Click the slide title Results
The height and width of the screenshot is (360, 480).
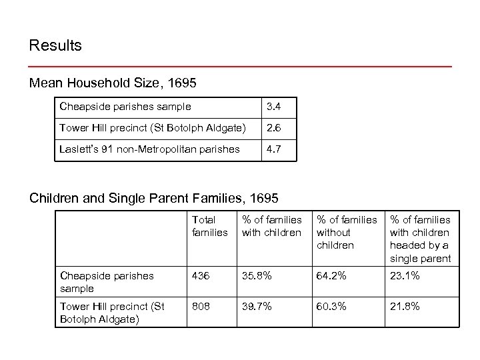pyautogui.click(x=55, y=46)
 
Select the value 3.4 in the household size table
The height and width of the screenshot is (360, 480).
pyautogui.click(x=273, y=106)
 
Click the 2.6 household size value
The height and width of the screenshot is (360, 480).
pyautogui.click(x=273, y=127)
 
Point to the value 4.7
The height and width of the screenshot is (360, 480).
pyautogui.click(x=273, y=149)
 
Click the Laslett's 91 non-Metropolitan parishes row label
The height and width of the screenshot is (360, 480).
pyautogui.click(x=149, y=149)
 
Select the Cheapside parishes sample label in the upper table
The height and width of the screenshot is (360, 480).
pyautogui.click(x=125, y=106)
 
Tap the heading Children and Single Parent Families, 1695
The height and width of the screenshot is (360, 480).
pyautogui.click(x=154, y=198)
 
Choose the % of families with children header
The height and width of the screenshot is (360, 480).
pyautogui.click(x=271, y=226)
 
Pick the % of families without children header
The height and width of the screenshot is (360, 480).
pyautogui.click(x=346, y=232)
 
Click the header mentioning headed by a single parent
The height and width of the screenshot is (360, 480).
pyautogui.click(x=420, y=239)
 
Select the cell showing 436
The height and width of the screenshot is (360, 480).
pyautogui.click(x=201, y=275)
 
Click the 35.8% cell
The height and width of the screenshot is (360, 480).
pyautogui.click(x=256, y=275)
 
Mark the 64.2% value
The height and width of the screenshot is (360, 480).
pyautogui.click(x=331, y=275)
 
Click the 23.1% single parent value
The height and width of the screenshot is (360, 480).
pyautogui.click(x=405, y=275)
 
